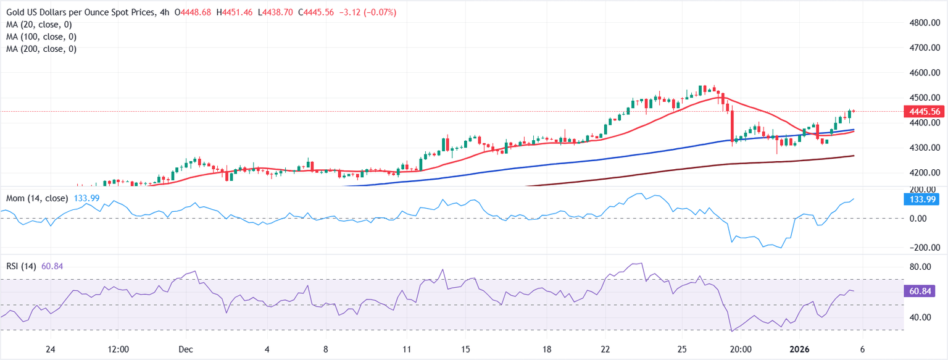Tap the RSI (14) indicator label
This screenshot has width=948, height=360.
click(x=21, y=266)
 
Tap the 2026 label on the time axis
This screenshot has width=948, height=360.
click(x=802, y=349)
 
